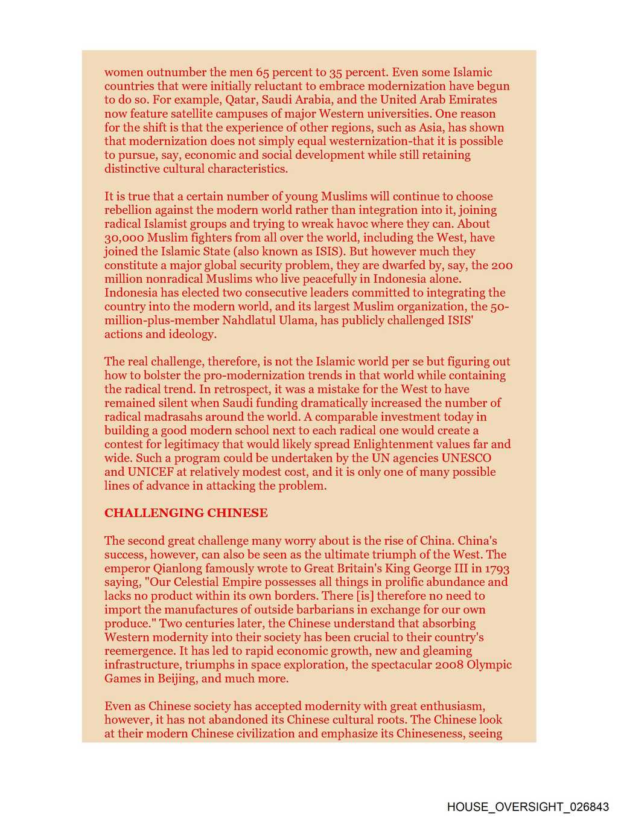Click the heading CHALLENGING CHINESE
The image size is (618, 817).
coord(186,513)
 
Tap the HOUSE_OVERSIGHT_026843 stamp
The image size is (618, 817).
coord(528,807)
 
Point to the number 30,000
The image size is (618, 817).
coord(124,238)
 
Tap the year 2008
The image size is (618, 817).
coord(449,665)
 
